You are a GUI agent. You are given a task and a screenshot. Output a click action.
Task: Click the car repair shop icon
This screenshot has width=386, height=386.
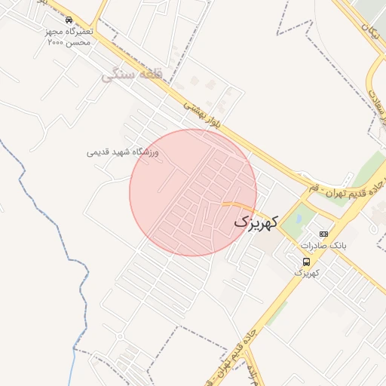pos(69,20)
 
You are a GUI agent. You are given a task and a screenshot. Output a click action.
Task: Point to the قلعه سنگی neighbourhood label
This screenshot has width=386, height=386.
pos(133,75)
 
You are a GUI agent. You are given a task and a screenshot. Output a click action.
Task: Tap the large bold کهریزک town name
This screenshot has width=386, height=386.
pos(256,222)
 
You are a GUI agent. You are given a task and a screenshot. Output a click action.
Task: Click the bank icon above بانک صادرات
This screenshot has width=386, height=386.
pos(324,234)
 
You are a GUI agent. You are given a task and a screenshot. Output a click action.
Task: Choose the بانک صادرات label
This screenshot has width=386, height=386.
pos(322,247)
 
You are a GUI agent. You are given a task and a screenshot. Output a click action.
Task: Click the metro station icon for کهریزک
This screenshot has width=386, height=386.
pos(305,261)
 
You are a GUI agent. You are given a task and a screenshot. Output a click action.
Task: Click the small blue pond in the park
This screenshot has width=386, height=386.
pos(299,219)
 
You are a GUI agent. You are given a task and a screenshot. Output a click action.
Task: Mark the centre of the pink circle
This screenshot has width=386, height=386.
pos(193,192)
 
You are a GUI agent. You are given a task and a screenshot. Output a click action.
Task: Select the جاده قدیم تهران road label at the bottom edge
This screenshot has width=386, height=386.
pos(238,354)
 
